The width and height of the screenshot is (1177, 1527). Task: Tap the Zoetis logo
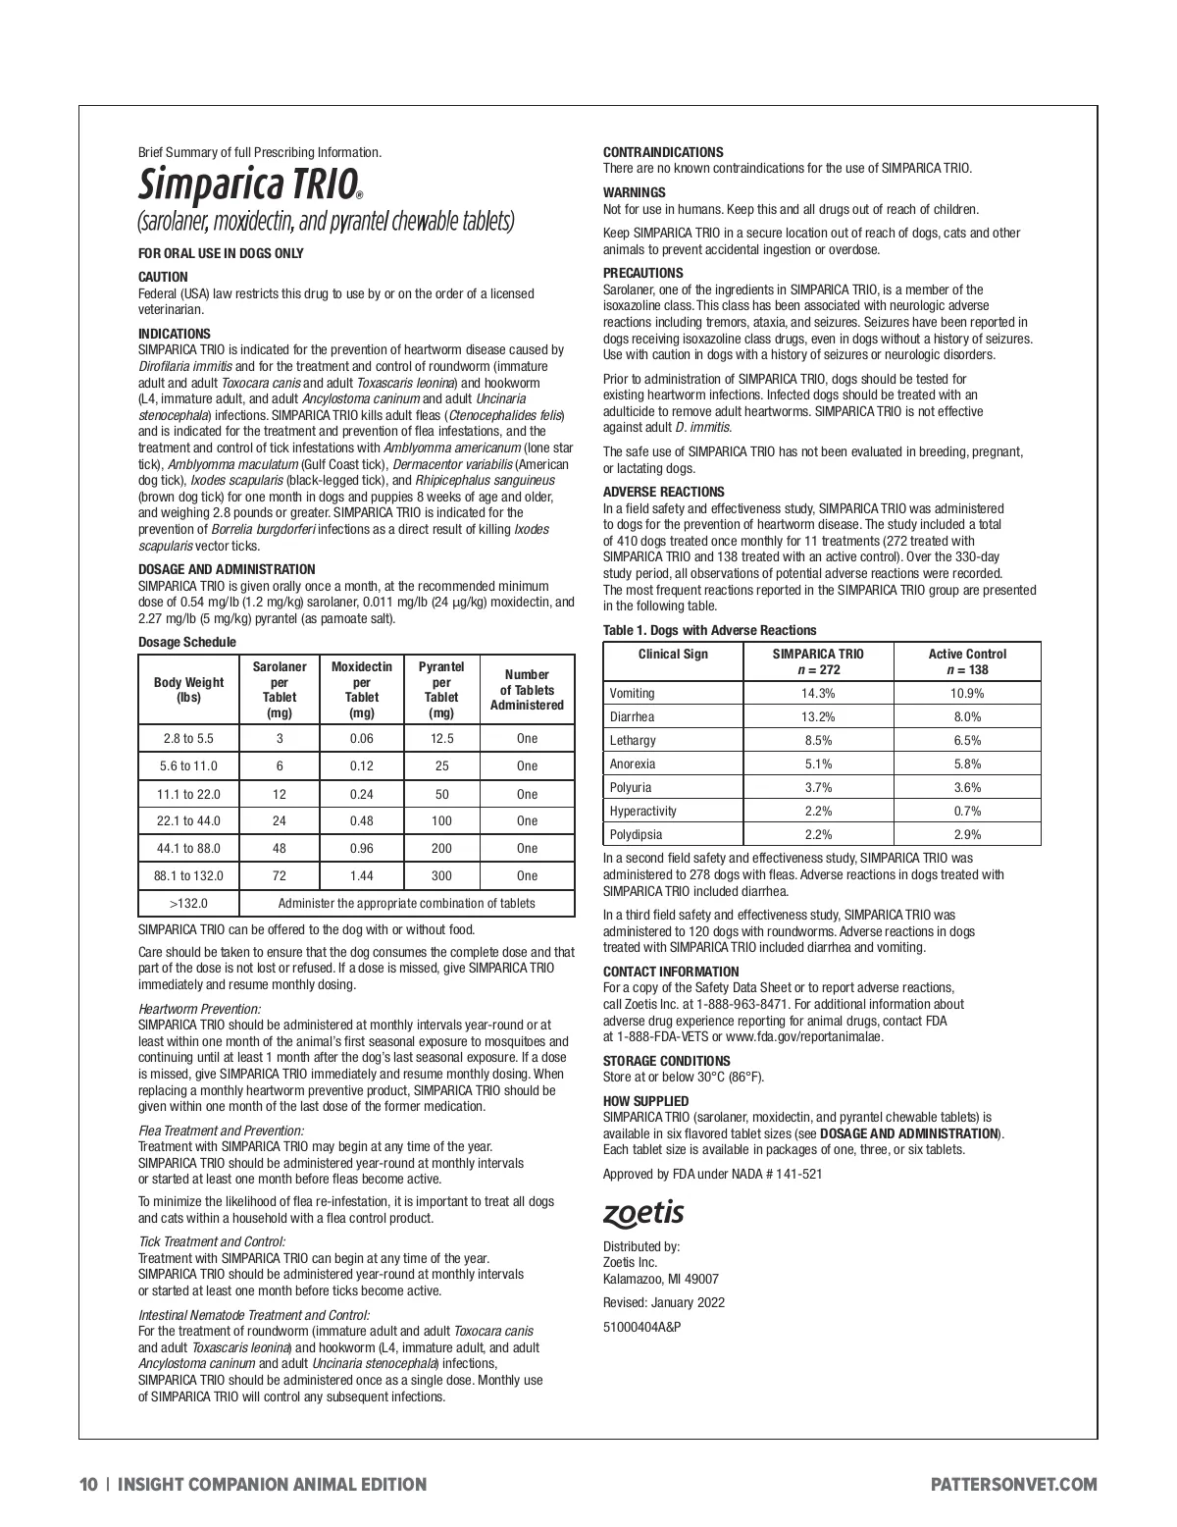[x=643, y=1214]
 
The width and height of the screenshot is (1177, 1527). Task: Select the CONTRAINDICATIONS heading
[x=663, y=152]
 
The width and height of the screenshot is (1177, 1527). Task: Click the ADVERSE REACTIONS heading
[x=664, y=492]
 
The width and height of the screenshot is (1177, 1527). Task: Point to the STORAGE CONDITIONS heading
[x=666, y=1061]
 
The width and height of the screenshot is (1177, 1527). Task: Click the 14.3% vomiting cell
[x=818, y=693]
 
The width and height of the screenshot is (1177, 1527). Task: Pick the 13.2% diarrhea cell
[x=818, y=716]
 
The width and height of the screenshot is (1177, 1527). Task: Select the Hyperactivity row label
[x=642, y=811]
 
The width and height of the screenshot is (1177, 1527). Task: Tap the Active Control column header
[x=967, y=661]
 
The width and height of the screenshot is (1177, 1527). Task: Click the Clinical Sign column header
[x=673, y=655]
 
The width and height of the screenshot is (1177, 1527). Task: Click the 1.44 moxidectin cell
[x=362, y=875]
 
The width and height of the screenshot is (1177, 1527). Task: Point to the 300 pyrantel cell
[x=441, y=875]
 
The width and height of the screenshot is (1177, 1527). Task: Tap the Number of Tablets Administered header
[x=527, y=690]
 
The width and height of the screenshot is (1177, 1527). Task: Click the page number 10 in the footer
[x=88, y=1485]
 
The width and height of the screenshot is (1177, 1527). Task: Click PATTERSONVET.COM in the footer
[x=1013, y=1485]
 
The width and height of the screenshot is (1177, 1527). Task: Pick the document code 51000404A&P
[x=641, y=1327]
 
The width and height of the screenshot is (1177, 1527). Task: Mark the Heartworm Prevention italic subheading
[x=199, y=1009]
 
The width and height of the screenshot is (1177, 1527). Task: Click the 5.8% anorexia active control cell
[x=967, y=763]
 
